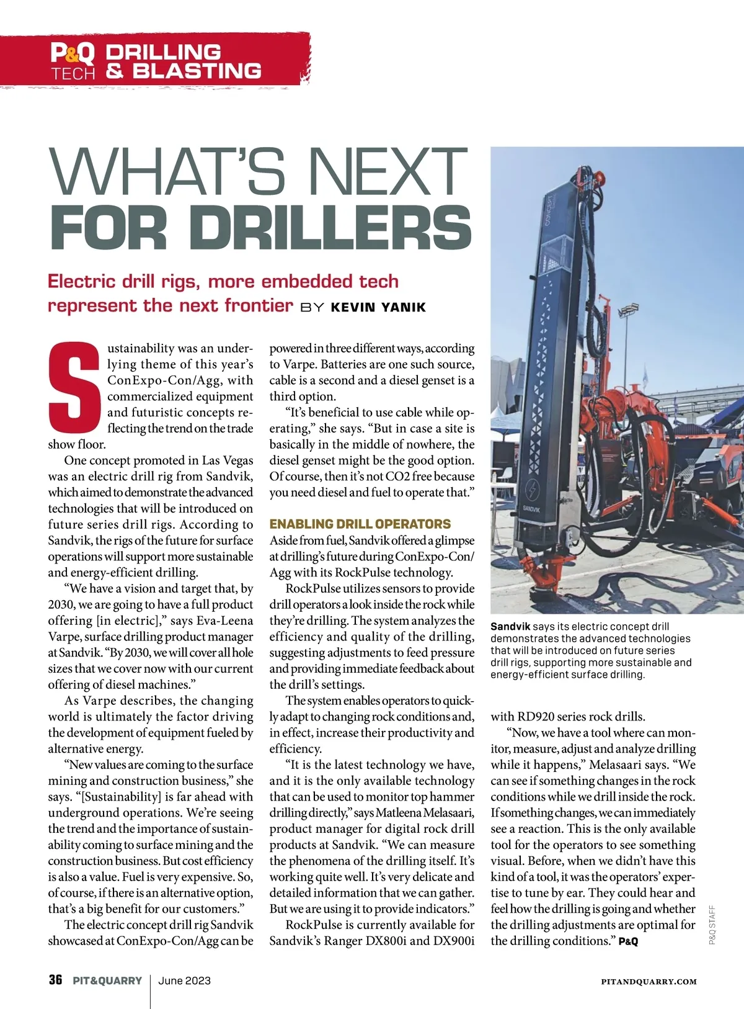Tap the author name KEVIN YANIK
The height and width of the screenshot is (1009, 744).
pos(378,307)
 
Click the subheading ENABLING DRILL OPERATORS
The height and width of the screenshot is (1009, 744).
pos(360,524)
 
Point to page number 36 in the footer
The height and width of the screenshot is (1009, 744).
pos(56,980)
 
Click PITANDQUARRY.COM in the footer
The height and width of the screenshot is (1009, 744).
pos(649,982)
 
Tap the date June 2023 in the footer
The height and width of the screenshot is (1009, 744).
pos(185,980)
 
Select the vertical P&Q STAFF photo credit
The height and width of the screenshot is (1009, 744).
pos(712,925)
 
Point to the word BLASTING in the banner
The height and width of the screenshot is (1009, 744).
pos(197,71)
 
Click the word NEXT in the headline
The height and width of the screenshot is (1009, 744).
pos(387,172)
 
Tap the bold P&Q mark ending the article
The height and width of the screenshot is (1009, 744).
pos(628,941)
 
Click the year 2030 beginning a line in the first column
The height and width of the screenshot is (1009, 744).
pos(61,604)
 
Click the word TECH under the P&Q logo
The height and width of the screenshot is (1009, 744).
pos(73,74)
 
